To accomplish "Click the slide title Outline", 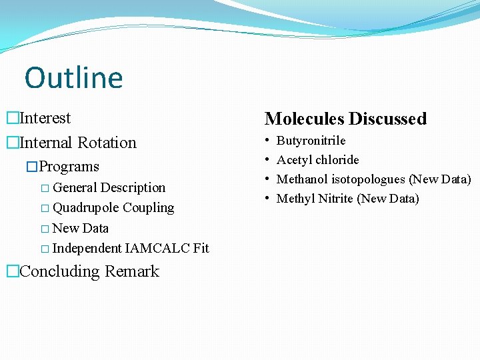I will pyautogui.click(x=74, y=78).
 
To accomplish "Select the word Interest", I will pyautogui.click(x=45, y=119).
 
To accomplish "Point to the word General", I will pyautogui.click(x=74, y=188).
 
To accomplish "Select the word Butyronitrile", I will pyautogui.click(x=311, y=141).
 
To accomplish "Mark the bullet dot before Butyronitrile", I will pyautogui.click(x=267, y=141).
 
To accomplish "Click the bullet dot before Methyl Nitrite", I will pyautogui.click(x=267, y=199).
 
